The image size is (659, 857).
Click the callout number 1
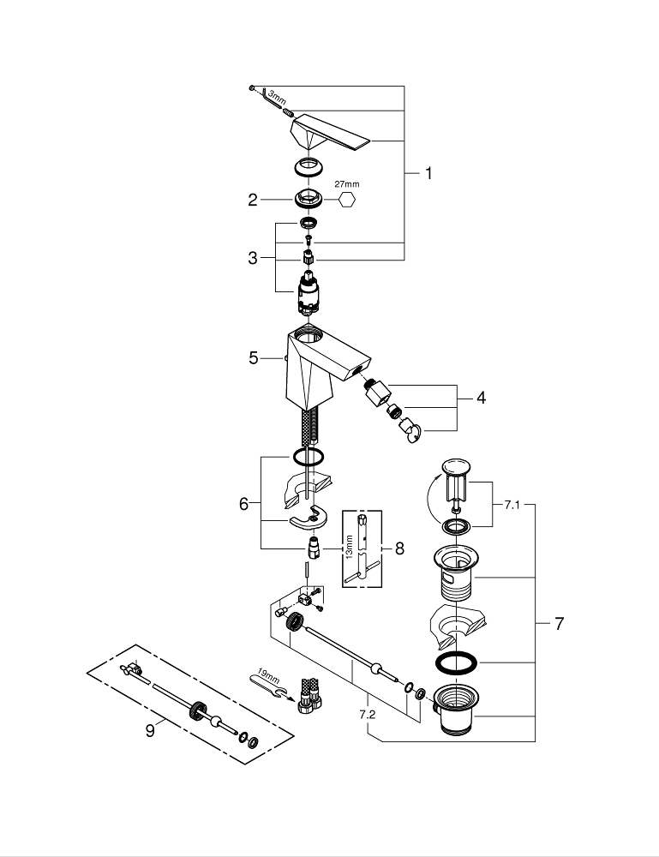(428, 173)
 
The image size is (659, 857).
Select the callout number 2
(253, 200)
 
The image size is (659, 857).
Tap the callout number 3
(253, 258)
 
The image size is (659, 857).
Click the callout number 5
(254, 358)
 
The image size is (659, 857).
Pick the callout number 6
(244, 505)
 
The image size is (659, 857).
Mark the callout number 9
(150, 730)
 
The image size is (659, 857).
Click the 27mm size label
(347, 184)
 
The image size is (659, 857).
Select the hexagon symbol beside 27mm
(348, 200)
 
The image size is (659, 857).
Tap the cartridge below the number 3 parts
(308, 293)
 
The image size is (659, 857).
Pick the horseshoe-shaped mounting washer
(309, 519)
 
